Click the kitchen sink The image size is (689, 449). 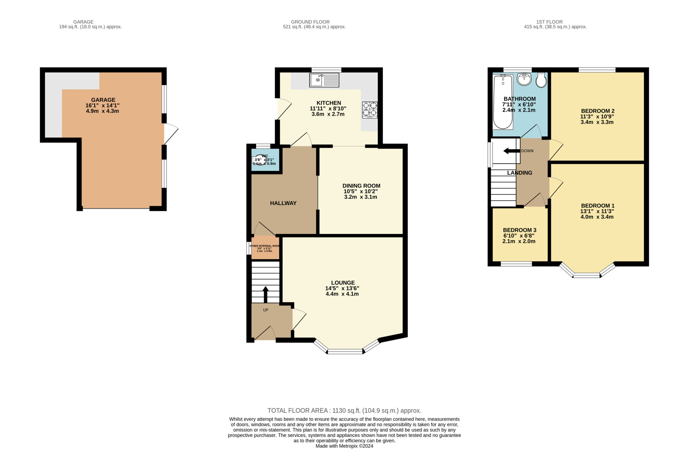(x=324, y=80)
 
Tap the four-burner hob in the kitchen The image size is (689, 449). (x=370, y=110)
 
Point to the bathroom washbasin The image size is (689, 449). (x=524, y=79)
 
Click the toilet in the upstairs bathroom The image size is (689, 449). (x=541, y=80)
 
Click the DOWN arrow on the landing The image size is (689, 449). (x=511, y=151)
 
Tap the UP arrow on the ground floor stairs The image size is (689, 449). (x=265, y=295)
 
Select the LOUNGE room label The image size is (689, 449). (x=343, y=283)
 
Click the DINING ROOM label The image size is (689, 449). (x=361, y=186)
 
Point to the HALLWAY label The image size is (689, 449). (x=283, y=203)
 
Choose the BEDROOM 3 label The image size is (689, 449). (x=520, y=230)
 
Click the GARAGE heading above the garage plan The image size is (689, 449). (x=83, y=22)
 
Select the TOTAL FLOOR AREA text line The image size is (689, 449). (x=344, y=411)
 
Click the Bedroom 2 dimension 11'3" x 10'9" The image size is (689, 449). (x=597, y=116)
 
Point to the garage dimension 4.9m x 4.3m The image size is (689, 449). (x=102, y=111)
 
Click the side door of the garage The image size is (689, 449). (x=171, y=134)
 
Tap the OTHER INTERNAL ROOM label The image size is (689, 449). (x=265, y=246)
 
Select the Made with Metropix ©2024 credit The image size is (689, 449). (x=344, y=446)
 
